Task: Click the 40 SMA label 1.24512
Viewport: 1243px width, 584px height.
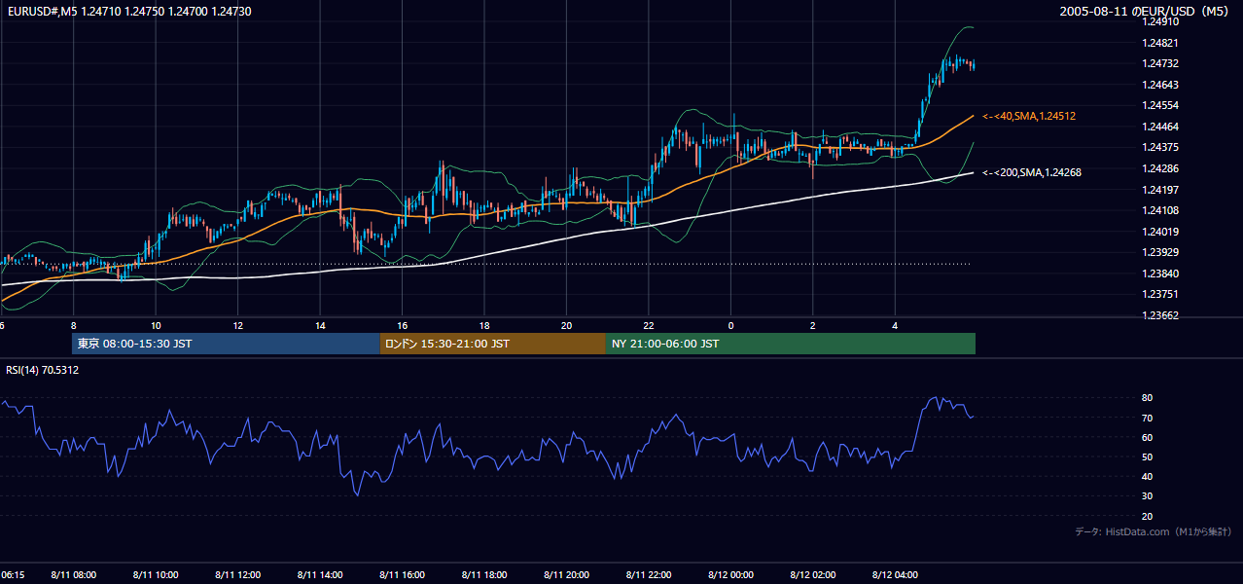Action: [1029, 116]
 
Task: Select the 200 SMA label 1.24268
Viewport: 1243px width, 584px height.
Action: [1032, 172]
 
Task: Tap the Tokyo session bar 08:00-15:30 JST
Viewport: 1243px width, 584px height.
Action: [226, 344]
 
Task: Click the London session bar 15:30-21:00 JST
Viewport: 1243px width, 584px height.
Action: [493, 344]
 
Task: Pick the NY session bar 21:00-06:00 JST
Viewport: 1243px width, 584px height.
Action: [791, 344]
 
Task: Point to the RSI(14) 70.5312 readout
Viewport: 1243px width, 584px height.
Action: [42, 370]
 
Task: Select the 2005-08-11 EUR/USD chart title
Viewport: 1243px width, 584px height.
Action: [1144, 11]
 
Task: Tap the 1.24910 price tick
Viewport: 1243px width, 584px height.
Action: [1160, 21]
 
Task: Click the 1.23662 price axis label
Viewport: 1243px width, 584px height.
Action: [1160, 315]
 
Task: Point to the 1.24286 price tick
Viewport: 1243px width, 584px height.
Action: [1160, 168]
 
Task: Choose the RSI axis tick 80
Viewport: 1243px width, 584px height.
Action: [1147, 397]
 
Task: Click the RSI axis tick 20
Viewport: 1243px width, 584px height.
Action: [1147, 516]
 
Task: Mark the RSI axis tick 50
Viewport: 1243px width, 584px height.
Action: [1147, 456]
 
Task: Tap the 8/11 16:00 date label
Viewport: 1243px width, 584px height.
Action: [403, 575]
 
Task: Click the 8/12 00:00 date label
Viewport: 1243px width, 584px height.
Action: [730, 575]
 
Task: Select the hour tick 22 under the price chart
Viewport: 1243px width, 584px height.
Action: [649, 326]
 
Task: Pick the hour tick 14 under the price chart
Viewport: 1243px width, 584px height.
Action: [320, 326]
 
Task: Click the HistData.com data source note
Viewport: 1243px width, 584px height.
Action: [1154, 531]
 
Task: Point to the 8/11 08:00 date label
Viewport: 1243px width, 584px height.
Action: [74, 575]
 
